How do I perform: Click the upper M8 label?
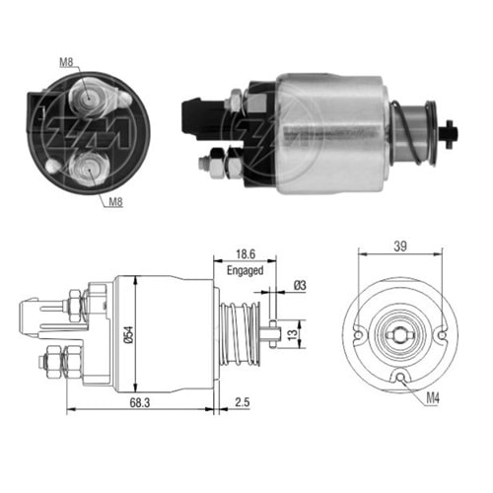[66, 63]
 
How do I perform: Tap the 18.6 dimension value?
[245, 253]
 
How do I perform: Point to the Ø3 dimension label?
[299, 288]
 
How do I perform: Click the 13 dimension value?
[294, 332]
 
